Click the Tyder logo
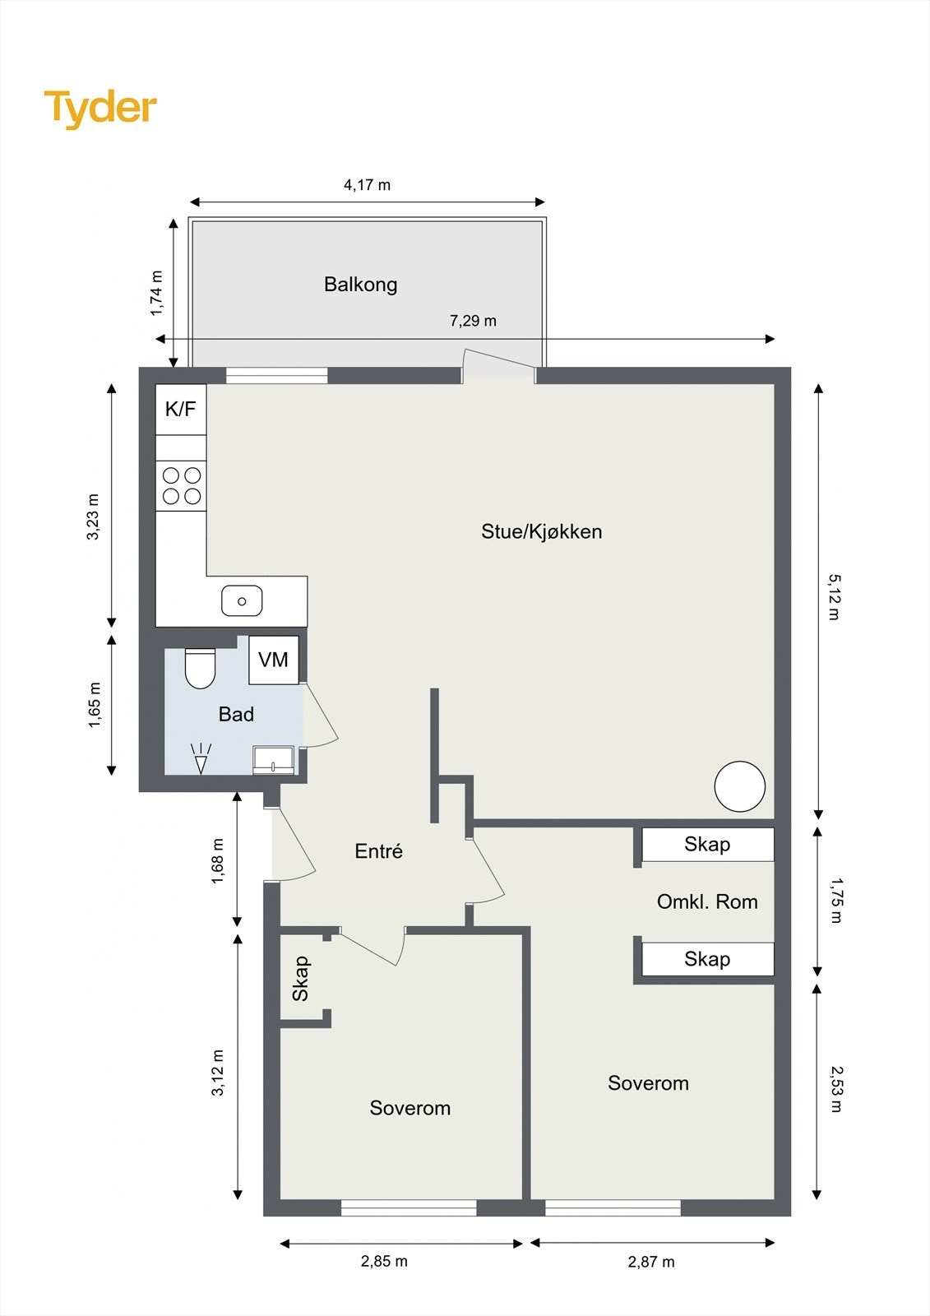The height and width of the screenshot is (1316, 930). [100, 109]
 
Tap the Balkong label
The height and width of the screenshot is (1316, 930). [361, 285]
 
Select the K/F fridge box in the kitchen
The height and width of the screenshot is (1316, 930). [181, 410]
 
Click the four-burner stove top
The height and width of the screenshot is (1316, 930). [181, 486]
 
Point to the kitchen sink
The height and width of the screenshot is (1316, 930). [242, 601]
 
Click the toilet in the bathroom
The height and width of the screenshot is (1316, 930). [200, 668]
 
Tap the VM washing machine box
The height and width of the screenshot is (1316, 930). [274, 660]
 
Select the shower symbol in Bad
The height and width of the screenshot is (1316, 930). [201, 758]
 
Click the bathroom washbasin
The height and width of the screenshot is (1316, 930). [274, 760]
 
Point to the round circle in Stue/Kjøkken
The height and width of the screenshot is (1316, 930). [740, 786]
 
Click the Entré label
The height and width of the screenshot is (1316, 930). [379, 851]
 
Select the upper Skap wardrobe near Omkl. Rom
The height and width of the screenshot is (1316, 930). [707, 844]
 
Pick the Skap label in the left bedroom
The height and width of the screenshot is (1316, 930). [301, 978]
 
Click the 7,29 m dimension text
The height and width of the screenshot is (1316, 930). [473, 321]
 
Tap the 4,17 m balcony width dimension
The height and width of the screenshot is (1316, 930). [368, 185]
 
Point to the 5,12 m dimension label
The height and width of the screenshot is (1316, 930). [835, 597]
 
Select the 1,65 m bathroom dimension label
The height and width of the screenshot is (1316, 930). [95, 704]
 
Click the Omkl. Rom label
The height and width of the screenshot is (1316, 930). [707, 901]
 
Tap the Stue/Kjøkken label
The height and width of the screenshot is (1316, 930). [542, 531]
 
